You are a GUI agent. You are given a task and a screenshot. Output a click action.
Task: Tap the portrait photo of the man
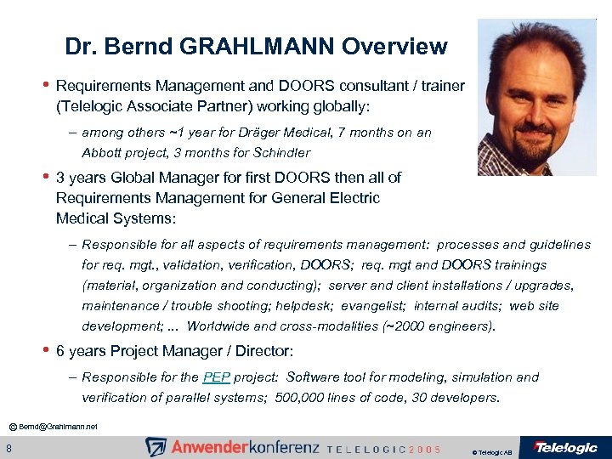pos(536,97)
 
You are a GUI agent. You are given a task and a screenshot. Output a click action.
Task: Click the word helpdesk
pos(327,306)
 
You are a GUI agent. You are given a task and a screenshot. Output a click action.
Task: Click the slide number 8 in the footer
pos(8,448)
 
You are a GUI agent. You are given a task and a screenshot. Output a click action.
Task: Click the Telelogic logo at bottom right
pos(565,447)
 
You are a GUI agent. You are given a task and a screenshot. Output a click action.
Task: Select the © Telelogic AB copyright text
pos(491,451)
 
